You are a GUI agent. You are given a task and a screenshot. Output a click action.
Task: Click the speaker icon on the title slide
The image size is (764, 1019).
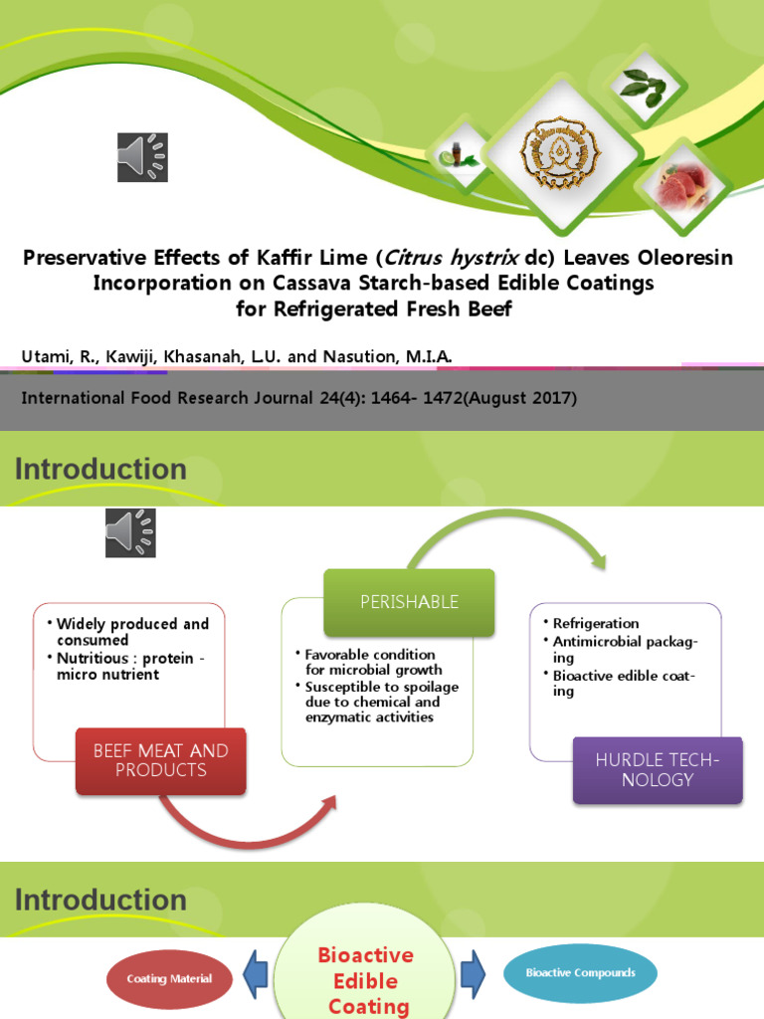[x=142, y=157]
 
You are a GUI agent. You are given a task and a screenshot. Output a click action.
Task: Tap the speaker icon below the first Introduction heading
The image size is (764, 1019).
[x=130, y=532]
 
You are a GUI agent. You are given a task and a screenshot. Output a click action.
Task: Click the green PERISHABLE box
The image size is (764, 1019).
[x=409, y=601]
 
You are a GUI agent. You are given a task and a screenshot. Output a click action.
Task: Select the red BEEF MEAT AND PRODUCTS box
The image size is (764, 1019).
[x=160, y=760]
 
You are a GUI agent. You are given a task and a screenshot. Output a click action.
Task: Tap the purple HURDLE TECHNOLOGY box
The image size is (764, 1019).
[x=657, y=769]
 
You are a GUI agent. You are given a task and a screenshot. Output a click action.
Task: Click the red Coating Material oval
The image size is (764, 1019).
[x=169, y=979]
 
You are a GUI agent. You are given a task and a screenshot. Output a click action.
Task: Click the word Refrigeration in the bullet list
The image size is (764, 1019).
[x=596, y=623]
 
